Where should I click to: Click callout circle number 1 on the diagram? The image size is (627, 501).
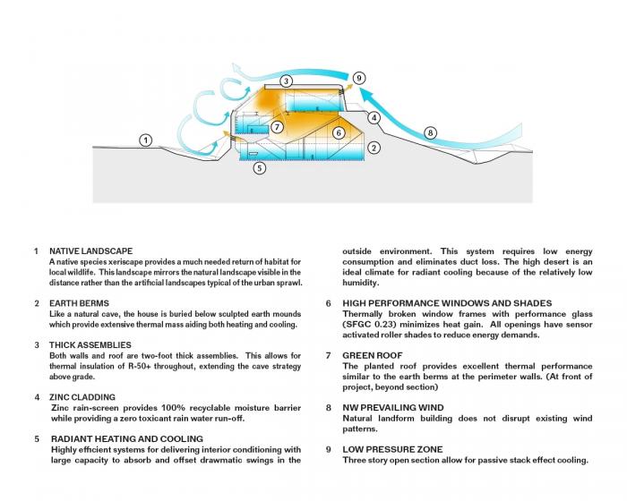146,140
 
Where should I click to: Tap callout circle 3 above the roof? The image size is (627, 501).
286,81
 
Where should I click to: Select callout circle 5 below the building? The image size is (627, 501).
260,167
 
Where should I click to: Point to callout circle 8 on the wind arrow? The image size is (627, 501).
430,133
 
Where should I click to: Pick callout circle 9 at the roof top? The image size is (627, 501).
359,79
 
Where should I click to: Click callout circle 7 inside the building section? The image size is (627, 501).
278,127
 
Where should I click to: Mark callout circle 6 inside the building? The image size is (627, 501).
339,133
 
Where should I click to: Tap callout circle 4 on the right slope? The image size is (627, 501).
374,117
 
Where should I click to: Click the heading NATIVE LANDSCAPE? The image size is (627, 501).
90,250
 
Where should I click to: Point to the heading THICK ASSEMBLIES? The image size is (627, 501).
90,344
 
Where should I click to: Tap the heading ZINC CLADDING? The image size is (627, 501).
82,396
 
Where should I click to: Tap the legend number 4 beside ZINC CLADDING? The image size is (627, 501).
36,396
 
